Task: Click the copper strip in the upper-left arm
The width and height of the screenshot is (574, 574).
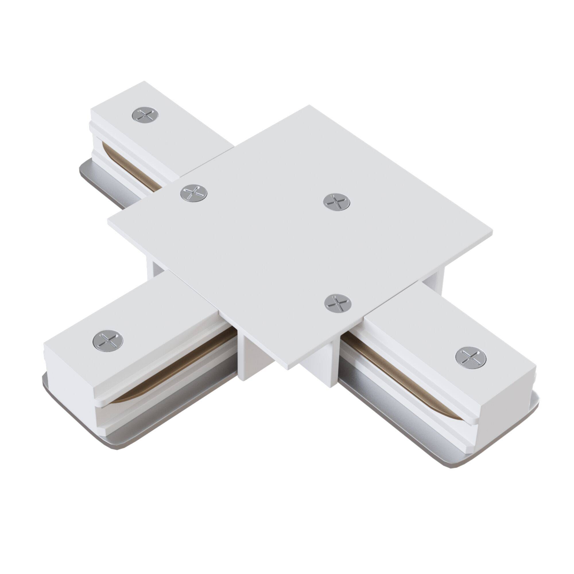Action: pos(131,166)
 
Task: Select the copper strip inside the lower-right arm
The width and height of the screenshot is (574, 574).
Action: pos(416,369)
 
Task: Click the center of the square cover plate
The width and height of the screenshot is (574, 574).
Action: pos(300,238)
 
